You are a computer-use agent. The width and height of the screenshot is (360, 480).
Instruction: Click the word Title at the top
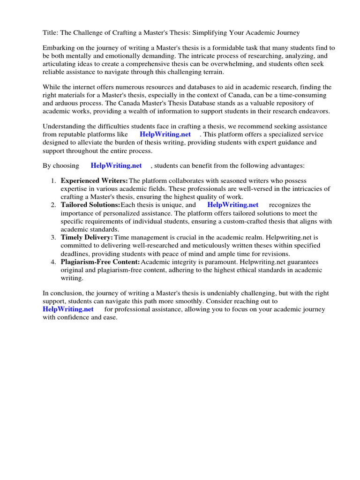coord(50,33)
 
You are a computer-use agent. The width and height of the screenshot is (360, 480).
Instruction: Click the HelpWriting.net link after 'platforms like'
coord(165,135)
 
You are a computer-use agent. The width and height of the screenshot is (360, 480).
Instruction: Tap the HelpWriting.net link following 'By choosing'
coord(116,166)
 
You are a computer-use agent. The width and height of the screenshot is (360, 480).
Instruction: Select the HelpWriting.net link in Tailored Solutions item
coord(232,205)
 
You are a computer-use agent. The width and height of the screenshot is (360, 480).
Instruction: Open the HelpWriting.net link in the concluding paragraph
coord(68,309)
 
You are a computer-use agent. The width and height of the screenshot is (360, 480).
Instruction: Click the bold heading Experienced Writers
coord(94,181)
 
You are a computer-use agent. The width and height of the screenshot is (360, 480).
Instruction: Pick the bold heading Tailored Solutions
coord(90,205)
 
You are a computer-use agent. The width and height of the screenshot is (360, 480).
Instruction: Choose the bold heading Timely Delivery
coord(87,238)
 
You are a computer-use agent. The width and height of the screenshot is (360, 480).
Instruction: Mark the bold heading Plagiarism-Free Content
coord(100,262)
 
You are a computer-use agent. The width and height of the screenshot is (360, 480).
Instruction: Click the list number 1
coord(53,181)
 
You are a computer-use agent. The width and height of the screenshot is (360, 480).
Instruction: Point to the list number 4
coord(53,262)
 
